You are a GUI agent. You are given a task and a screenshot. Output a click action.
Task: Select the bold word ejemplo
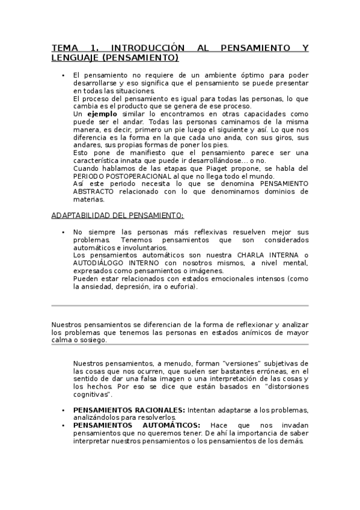[x=102, y=114]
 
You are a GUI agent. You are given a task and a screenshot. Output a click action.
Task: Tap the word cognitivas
[x=91, y=395]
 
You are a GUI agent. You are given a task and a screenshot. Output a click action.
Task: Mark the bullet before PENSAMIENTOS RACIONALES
[x=63, y=410]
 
